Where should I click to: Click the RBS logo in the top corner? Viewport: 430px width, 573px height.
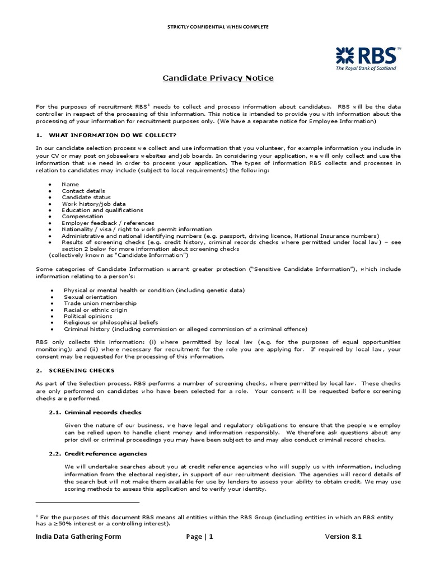(368, 58)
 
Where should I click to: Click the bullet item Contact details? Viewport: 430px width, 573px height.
(83, 191)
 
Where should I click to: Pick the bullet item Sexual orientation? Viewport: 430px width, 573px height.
(88, 297)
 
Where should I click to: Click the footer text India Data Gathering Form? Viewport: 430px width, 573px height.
(78, 537)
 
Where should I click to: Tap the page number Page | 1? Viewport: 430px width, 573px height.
(200, 537)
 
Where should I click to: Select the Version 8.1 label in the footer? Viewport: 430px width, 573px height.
(343, 537)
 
